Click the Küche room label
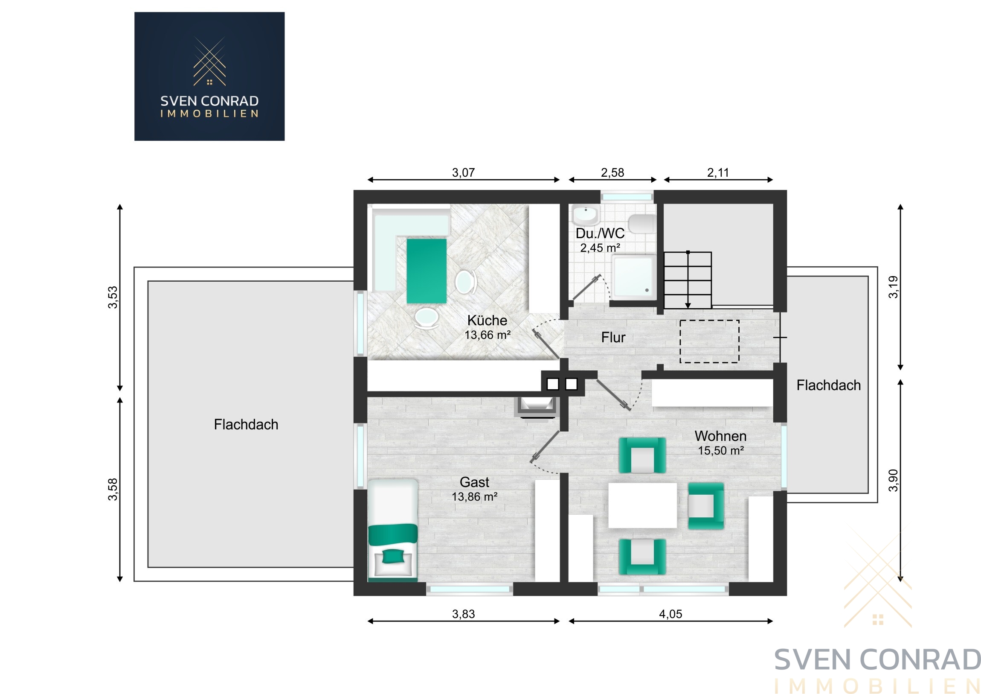(x=487, y=320)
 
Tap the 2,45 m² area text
(x=600, y=248)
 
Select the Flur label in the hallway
(x=613, y=337)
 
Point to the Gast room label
(x=474, y=482)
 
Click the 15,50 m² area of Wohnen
(x=721, y=450)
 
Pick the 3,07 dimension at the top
(x=463, y=172)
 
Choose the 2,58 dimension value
(x=612, y=172)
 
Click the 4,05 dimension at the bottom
(x=670, y=614)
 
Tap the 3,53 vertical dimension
(x=112, y=297)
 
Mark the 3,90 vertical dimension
(x=893, y=480)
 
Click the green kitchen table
(x=427, y=271)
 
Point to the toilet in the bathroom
(x=642, y=224)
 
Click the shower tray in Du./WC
(x=634, y=276)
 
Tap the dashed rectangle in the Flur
(x=709, y=341)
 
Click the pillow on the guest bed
(x=393, y=556)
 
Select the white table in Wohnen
(x=642, y=505)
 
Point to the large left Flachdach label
(x=246, y=424)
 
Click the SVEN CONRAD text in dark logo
(x=209, y=101)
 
